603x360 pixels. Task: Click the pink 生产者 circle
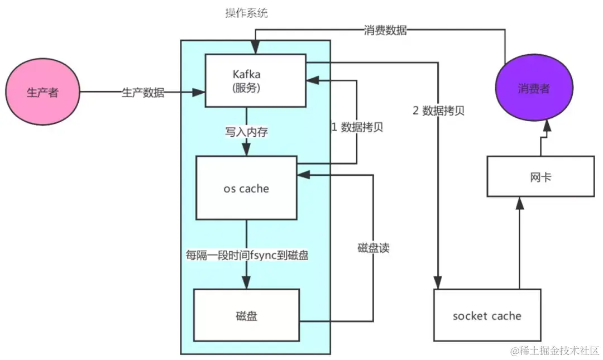tap(42, 93)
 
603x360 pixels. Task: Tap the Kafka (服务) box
tap(255, 80)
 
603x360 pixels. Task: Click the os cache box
tap(246, 188)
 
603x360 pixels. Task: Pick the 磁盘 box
tap(246, 316)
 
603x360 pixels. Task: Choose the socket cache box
tap(487, 315)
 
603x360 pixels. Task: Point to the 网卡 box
tap(540, 176)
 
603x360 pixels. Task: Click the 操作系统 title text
tap(246, 13)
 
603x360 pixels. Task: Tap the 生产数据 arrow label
tap(143, 93)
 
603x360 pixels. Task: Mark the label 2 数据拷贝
tap(438, 111)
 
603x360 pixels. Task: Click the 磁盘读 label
tap(373, 248)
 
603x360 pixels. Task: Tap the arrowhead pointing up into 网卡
tap(520, 203)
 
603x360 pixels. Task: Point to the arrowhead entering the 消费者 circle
tap(548, 128)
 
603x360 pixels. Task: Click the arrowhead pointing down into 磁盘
tap(246, 282)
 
